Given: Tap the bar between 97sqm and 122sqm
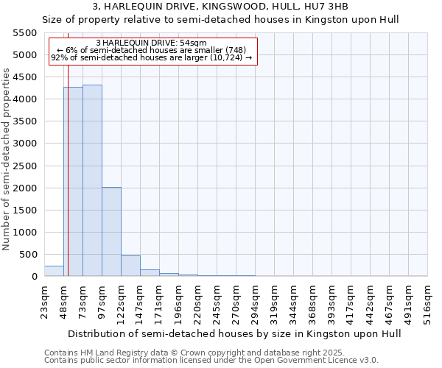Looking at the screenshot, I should click(x=111, y=232).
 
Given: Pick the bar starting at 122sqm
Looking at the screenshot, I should click(x=130, y=266).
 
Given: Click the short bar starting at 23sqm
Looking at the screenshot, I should click(x=54, y=271).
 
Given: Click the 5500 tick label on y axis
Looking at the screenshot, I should click(x=24, y=33).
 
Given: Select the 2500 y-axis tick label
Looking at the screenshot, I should click(x=24, y=166).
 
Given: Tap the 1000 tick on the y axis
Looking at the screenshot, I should click(x=24, y=233).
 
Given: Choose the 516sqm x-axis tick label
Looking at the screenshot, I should click(x=427, y=302).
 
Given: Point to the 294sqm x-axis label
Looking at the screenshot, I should click(x=255, y=302).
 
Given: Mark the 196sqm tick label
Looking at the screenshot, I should click(x=178, y=302).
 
